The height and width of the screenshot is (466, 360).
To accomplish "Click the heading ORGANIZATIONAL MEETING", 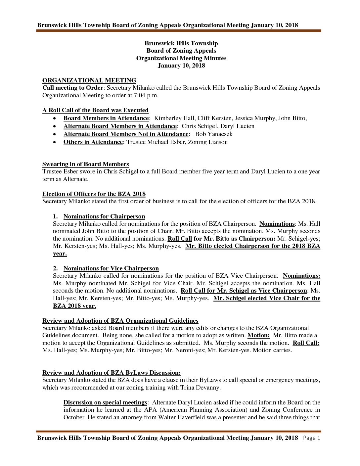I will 89,80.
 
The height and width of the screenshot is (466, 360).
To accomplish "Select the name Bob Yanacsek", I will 214,134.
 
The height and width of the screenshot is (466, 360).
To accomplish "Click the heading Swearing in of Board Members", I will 85,164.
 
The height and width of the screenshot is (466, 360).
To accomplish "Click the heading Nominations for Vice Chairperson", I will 111,268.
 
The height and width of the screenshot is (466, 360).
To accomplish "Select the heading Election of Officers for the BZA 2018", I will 94,194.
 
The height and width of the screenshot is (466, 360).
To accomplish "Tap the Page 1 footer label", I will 312,438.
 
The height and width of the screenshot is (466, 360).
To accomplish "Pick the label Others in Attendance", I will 93,142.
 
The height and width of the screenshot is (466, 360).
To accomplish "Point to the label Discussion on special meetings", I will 105,402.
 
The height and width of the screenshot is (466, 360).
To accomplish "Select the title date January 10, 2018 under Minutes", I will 181,66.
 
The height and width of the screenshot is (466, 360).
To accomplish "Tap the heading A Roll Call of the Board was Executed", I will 95,110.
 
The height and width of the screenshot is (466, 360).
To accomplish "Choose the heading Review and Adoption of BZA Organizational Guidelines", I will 120,321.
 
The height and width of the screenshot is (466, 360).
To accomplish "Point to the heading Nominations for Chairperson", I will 104,216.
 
